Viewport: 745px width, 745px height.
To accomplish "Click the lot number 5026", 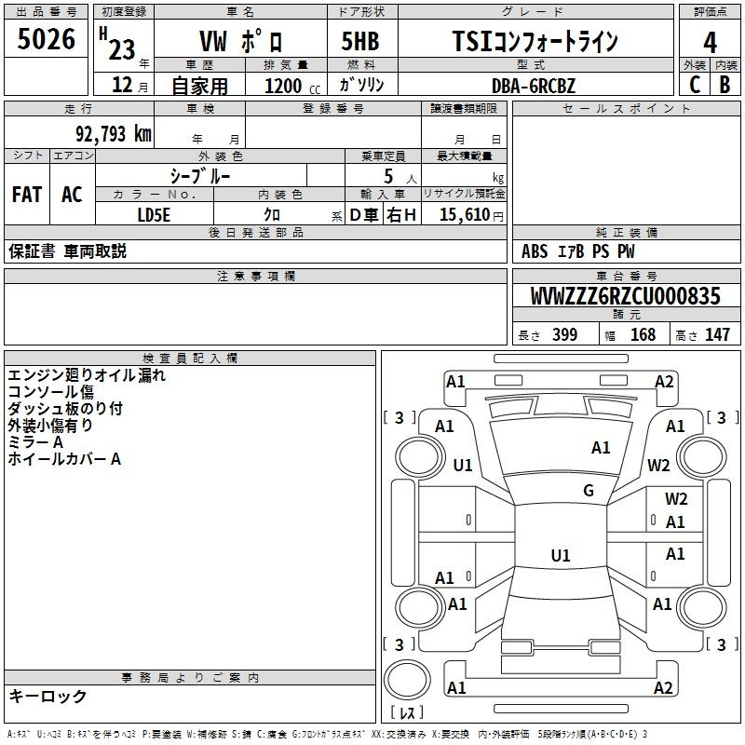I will tap(47, 40).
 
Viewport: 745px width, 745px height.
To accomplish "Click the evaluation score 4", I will tap(710, 43).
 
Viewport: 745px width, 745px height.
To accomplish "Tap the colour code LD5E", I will tap(155, 214).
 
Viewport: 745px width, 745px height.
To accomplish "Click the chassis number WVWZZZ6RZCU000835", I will tap(625, 296).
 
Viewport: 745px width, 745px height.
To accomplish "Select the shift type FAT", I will tap(27, 195).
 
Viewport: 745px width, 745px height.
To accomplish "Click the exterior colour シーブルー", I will tap(199, 175).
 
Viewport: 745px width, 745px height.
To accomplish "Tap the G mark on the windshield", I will tap(588, 491).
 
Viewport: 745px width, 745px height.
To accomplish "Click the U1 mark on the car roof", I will tap(560, 556).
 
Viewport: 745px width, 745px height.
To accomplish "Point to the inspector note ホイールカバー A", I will tap(64, 459).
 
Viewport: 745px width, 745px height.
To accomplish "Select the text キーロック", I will tap(47, 697).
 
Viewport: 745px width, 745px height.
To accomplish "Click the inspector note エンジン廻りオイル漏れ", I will tap(87, 376).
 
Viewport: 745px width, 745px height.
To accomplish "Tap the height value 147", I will tap(717, 335).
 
